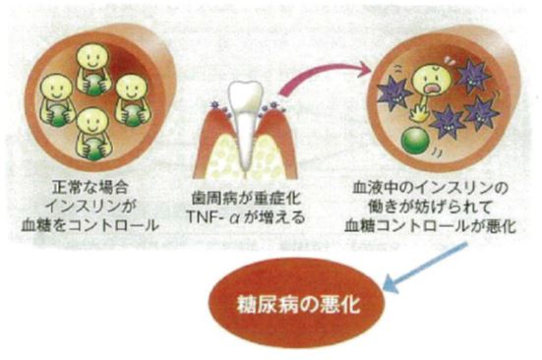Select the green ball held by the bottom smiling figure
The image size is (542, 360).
coord(92,148)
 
